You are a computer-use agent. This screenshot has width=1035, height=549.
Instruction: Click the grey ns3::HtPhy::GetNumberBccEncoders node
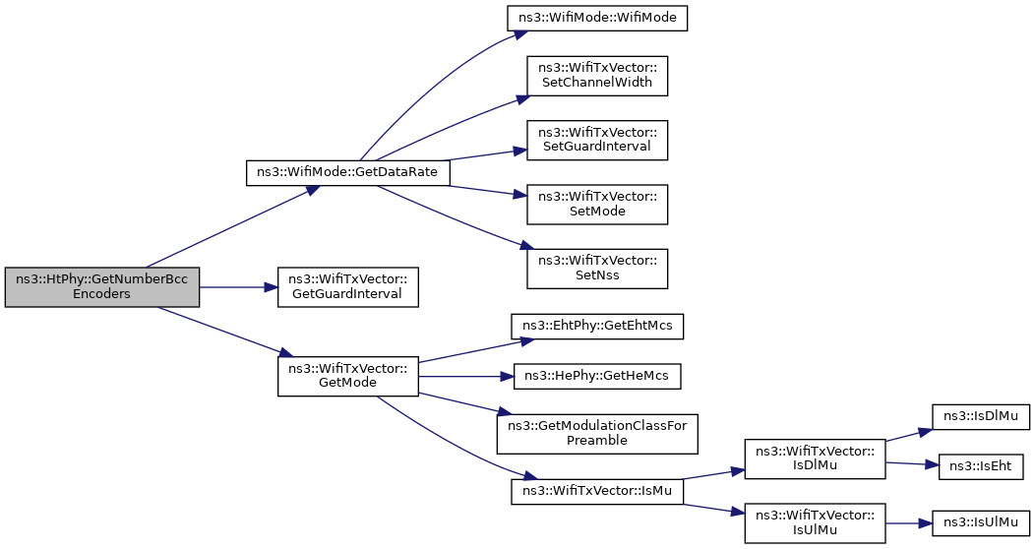coord(101,287)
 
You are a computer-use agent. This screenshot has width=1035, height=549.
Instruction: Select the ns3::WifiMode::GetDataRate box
coord(348,172)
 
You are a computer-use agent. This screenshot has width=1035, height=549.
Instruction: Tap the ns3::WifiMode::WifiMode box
coord(597,17)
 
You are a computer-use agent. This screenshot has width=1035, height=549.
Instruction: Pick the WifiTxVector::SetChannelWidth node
coord(597,76)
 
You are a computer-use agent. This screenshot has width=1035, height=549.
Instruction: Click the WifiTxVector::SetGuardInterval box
coord(597,140)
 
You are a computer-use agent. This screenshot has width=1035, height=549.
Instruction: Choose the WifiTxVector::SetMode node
coord(597,205)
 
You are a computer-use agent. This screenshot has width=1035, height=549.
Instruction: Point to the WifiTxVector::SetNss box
coord(597,269)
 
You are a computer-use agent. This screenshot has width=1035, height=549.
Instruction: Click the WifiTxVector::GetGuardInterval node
coord(348,287)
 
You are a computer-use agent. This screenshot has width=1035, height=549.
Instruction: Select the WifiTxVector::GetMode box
coord(348,376)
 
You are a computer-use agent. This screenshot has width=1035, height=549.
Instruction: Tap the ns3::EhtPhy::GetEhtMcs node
coord(597,326)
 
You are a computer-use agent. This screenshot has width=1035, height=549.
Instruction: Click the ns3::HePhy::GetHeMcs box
coord(597,376)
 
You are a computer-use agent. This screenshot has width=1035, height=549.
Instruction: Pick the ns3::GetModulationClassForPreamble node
coord(597,434)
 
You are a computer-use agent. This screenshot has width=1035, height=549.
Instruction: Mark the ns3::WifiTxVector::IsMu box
coord(597,491)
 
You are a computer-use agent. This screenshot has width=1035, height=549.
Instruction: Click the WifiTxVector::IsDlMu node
coord(816,458)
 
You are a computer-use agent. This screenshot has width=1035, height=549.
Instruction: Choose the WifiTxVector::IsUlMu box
coord(816,523)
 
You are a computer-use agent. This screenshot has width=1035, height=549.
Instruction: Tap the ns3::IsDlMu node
coord(980,416)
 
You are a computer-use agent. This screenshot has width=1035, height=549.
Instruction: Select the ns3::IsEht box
coord(980,466)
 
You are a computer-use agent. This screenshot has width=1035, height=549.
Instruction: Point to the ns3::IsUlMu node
coord(980,523)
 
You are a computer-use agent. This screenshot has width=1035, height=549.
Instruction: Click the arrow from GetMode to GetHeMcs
coord(466,376)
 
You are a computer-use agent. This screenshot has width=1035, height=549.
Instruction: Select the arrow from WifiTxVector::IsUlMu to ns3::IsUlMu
coord(909,523)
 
